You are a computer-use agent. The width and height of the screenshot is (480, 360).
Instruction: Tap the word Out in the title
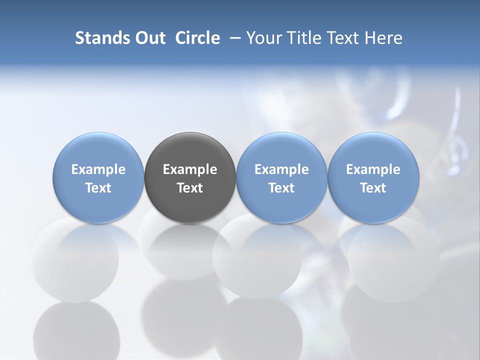point(149,38)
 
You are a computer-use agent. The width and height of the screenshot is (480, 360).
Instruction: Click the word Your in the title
point(262,38)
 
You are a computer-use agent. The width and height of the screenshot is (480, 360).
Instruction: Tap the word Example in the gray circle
point(190,169)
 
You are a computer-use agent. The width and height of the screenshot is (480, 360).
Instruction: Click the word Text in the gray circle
point(190,188)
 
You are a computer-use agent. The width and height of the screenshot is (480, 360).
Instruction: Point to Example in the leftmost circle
point(98,169)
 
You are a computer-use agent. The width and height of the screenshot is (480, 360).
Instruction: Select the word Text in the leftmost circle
point(98,188)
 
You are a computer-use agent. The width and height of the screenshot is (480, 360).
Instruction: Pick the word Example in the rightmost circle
point(373,169)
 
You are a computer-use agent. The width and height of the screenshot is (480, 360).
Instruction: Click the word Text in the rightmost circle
point(373,188)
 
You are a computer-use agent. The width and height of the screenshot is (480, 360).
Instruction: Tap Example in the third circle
point(281,169)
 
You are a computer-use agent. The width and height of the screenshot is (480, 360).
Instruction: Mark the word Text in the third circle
point(281,188)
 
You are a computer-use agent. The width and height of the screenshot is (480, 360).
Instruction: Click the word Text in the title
point(339,38)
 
